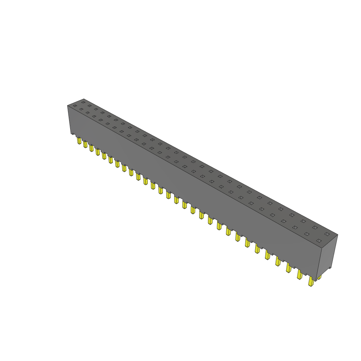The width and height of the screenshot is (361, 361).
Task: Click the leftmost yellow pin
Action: pos(79,141)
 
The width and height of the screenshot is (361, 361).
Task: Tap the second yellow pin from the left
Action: pos(85,144)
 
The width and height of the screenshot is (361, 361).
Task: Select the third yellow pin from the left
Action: pos(91,148)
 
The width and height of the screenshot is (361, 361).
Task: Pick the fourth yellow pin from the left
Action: pos(98,152)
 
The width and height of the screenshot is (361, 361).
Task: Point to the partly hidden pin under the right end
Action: pos(319,277)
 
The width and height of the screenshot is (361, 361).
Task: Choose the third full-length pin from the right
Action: pos(289,268)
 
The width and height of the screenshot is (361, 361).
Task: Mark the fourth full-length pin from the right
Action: pos(278,261)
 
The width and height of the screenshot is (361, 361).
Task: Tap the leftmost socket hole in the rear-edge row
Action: pos(83,102)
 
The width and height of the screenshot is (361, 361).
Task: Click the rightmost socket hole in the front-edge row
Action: pos(319,241)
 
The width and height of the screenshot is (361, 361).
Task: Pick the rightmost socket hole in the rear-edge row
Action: pos(327,234)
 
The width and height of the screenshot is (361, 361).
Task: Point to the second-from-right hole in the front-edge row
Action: pos(306,234)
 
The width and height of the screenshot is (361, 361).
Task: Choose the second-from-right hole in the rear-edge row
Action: pos(314,227)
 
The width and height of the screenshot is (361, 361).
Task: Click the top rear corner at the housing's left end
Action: pos(84,99)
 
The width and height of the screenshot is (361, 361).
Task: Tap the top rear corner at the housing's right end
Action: pos(337,235)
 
